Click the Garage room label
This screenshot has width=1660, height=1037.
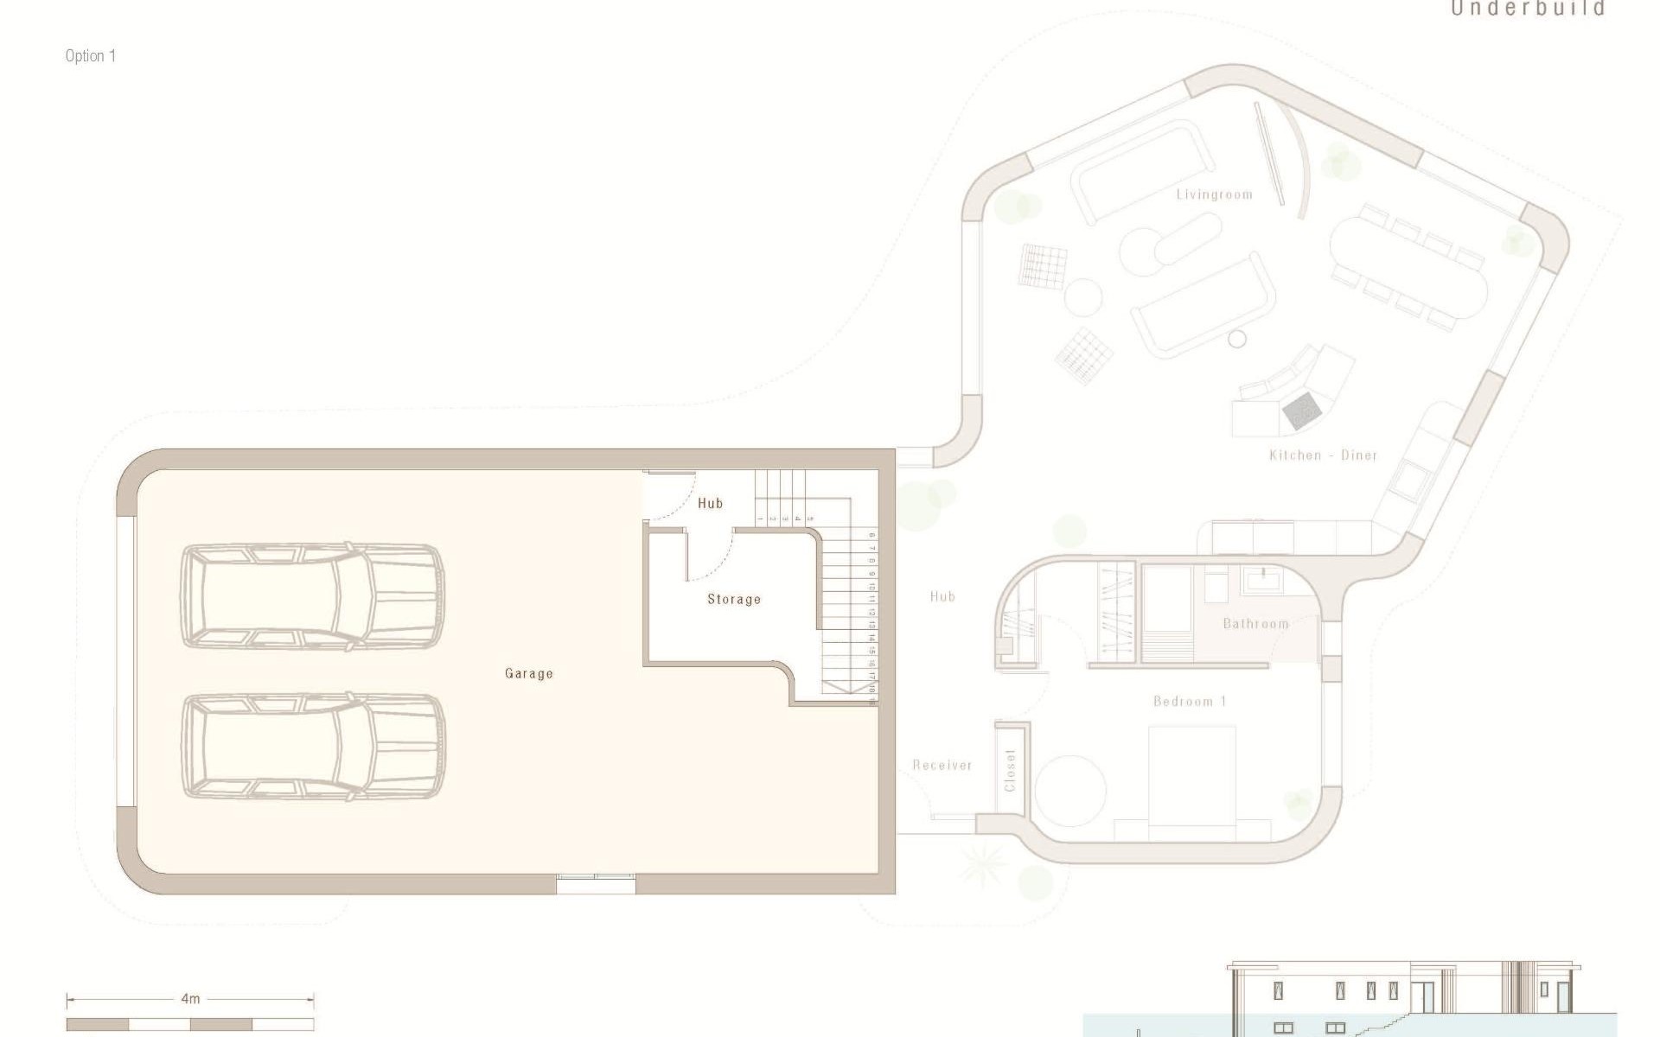tap(528, 673)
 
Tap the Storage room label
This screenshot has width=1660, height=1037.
tap(734, 599)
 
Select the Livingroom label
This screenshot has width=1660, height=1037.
tap(1214, 194)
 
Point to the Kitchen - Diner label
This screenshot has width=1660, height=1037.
tap(1323, 455)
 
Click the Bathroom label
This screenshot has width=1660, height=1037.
tap(1255, 623)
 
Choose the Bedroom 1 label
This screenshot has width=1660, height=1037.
tap(1190, 701)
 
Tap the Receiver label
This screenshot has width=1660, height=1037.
tap(942, 765)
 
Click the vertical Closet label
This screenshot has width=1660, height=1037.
tap(1010, 770)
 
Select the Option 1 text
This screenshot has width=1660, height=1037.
tap(90, 56)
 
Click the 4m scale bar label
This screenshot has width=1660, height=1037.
tap(190, 999)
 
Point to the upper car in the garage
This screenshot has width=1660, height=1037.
tap(312, 596)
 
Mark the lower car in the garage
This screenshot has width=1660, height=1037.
tap(312, 746)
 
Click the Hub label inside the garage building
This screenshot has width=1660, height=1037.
tap(710, 503)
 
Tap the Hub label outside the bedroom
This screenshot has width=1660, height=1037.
tap(942, 596)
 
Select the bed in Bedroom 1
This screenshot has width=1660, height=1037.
tap(1191, 778)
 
